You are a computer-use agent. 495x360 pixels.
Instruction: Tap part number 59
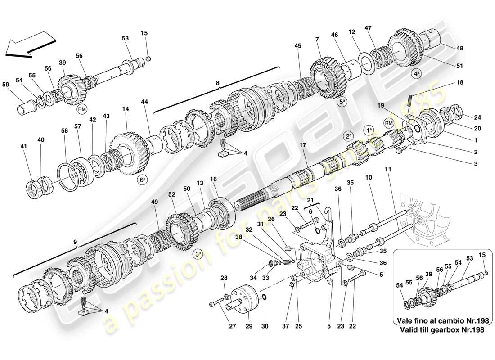[x=5, y=84]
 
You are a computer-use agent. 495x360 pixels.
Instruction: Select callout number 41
[x=23, y=146]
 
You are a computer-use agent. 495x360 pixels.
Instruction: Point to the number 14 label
[x=125, y=109]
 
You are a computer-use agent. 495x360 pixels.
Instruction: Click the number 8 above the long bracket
[x=217, y=83]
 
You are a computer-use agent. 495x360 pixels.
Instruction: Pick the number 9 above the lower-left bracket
[x=75, y=241]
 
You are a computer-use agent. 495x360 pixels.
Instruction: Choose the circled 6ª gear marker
[x=143, y=180]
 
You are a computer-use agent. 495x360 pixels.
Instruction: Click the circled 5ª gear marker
[x=342, y=102]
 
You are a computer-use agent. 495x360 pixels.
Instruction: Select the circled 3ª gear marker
[x=198, y=254]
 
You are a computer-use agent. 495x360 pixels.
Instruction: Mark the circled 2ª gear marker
[x=348, y=135]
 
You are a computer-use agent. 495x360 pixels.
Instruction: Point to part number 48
[x=459, y=48]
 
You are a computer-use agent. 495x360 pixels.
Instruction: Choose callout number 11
[x=388, y=169]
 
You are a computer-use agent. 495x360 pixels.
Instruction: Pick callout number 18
[x=459, y=82]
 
